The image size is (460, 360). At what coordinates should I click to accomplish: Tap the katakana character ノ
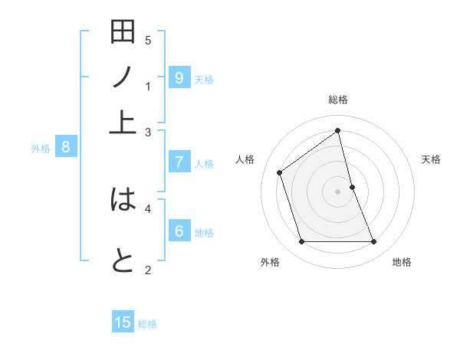[123, 77]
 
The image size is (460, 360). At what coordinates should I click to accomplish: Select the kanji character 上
[123, 121]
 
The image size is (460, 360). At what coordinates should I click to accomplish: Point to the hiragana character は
[123, 200]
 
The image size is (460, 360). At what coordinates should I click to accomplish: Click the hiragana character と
[123, 260]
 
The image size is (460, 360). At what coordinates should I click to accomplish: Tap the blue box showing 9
[179, 77]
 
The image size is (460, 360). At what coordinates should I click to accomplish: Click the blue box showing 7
[179, 162]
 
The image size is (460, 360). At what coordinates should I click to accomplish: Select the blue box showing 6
[179, 231]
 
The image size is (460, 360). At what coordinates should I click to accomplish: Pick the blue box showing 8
[66, 147]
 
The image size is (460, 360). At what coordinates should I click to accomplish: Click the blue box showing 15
[123, 322]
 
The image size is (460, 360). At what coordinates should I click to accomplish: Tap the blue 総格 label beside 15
[147, 324]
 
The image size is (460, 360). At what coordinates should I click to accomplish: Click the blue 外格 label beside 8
[41, 149]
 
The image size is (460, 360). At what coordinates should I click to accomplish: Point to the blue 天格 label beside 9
[204, 80]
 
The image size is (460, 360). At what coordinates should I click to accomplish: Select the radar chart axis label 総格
[338, 100]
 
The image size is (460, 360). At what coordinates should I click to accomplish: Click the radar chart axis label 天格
[432, 159]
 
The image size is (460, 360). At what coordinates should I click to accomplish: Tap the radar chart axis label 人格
[245, 159]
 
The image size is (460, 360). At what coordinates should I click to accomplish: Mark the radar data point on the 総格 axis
[338, 131]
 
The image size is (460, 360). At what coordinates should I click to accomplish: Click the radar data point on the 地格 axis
[374, 242]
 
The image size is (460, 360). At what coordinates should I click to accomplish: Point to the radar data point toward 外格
[301, 242]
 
